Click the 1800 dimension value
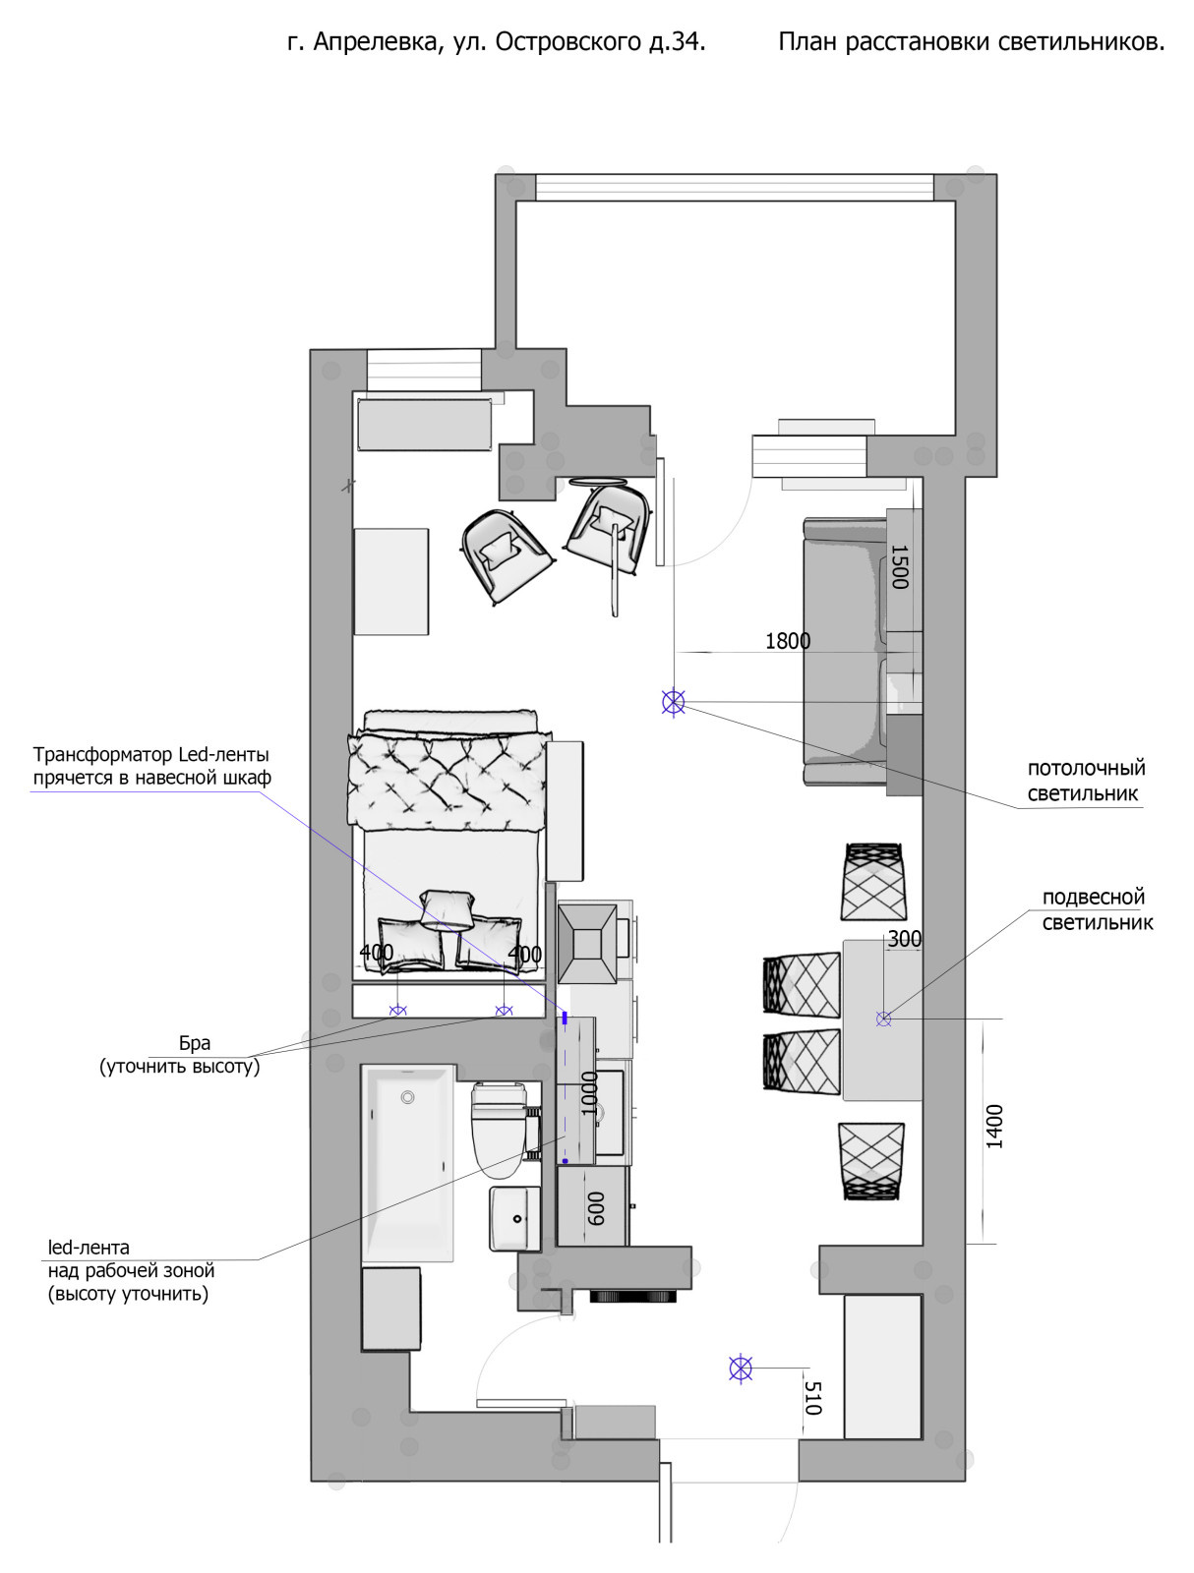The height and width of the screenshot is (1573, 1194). click(x=787, y=641)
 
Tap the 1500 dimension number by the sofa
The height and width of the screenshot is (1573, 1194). click(x=899, y=567)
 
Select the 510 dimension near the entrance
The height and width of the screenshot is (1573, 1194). click(x=812, y=1397)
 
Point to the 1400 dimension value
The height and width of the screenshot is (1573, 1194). click(x=994, y=1127)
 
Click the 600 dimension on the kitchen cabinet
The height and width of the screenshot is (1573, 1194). click(x=596, y=1208)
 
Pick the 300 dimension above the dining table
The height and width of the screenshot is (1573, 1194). click(x=904, y=939)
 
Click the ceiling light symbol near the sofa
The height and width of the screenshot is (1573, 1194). click(x=673, y=702)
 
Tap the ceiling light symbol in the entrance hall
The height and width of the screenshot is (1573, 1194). click(x=741, y=1369)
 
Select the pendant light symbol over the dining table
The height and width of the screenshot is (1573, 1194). click(x=883, y=1019)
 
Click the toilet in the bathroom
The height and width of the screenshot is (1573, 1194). click(x=499, y=1131)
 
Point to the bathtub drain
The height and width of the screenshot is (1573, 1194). click(x=407, y=1097)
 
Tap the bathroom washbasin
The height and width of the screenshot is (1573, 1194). click(x=514, y=1219)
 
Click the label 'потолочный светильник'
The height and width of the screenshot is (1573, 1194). click(x=1085, y=781)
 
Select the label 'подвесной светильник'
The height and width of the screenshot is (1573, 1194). click(x=1097, y=909)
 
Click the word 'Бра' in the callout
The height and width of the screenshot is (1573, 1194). click(x=194, y=1043)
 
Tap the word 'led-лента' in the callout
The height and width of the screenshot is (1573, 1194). click(x=89, y=1247)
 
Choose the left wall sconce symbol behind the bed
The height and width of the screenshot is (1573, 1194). click(x=397, y=1011)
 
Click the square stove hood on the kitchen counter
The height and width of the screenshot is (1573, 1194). click(x=587, y=943)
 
